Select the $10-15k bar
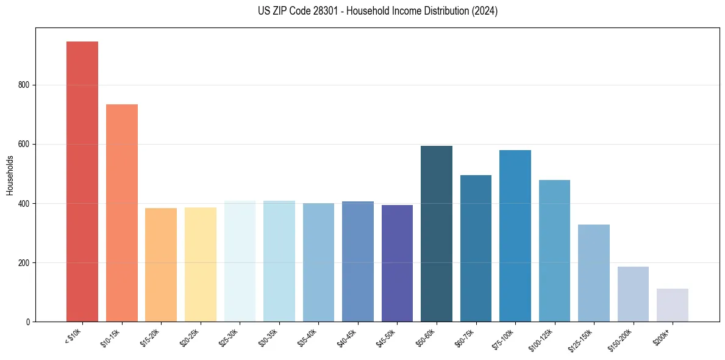coord(121,213)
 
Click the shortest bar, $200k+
coord(672,305)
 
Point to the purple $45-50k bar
coord(397,263)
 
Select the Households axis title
coord(10,175)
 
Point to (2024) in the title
coord(484,11)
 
